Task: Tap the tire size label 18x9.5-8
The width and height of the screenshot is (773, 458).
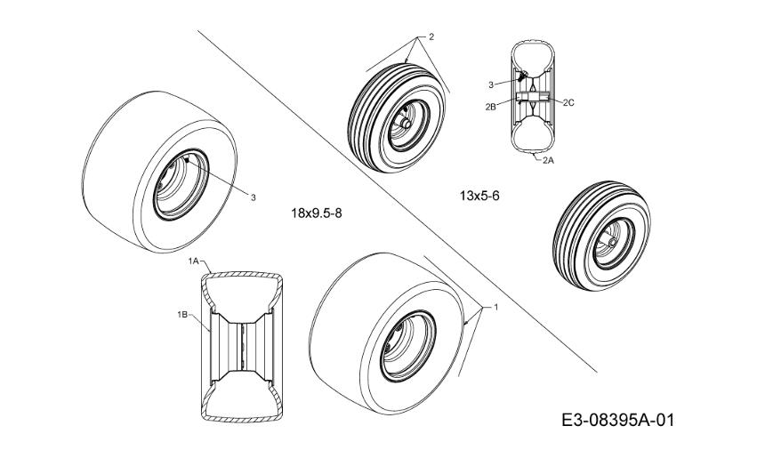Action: coord(317,213)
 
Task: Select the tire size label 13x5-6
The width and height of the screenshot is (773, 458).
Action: coord(479,195)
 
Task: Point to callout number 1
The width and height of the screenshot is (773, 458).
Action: coord(495,306)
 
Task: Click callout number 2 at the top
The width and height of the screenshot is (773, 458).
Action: coord(431,36)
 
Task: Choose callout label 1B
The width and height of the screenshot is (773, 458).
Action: coord(181,314)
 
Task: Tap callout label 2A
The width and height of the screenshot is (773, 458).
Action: coord(548,161)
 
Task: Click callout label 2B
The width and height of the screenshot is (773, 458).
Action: coord(490,106)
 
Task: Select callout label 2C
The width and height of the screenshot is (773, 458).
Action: coord(569,102)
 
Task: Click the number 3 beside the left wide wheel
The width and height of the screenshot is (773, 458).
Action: coord(253,197)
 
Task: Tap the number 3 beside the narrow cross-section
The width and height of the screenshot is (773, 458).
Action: coord(490,84)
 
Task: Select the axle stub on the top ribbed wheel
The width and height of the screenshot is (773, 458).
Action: coord(405,123)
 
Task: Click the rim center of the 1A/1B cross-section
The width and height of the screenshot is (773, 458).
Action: coord(240,342)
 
